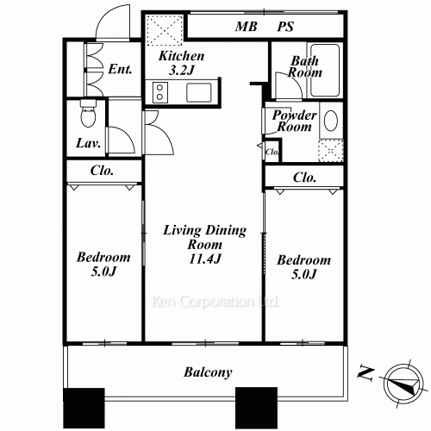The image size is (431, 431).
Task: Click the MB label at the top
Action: point(247,27)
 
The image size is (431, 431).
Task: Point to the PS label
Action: point(285,27)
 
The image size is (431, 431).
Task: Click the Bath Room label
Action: point(306,67)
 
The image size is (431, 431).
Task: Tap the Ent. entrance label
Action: point(120,69)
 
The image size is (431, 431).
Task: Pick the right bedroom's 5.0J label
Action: point(303,267)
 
